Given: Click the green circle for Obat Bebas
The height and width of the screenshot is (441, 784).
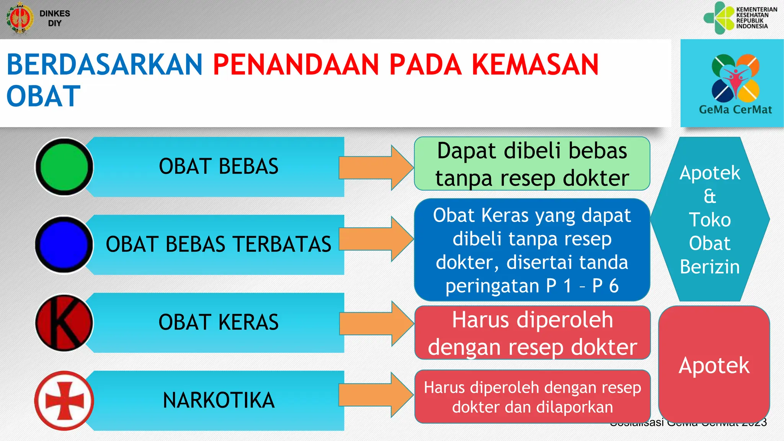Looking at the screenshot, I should coord(64,167).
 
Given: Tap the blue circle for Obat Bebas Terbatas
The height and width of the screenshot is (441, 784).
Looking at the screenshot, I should coord(64,245).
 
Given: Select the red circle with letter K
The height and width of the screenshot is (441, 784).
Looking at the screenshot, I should coord(64,323).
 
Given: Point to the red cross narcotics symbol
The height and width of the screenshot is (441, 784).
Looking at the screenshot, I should coord(64,400).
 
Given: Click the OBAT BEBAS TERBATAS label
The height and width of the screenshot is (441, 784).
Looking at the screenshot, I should coord(218,244).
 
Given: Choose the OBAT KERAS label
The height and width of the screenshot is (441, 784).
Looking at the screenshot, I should coord(218,322).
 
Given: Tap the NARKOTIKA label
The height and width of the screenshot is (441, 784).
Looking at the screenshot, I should coord(218,400).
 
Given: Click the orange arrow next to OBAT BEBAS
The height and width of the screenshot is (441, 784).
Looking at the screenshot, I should coord(375,168).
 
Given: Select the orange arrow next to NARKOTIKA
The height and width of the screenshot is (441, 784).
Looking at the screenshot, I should coord(375,395).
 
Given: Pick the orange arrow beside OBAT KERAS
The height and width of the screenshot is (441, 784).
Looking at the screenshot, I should coord(375,323).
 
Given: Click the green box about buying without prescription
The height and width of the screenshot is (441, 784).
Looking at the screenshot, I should coord(532,164).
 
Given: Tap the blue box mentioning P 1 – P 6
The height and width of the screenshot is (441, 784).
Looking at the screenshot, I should coord(532,250).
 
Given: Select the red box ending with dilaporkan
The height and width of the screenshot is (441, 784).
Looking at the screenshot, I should coord(532,397).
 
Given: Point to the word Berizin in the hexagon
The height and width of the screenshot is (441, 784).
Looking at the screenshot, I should coord(710,267).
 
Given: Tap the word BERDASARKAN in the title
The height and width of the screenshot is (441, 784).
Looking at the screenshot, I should coord(105,64).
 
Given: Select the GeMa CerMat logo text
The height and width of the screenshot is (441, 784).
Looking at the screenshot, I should coord(735,110).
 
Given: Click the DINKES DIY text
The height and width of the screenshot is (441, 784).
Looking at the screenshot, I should coord(55,18).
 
